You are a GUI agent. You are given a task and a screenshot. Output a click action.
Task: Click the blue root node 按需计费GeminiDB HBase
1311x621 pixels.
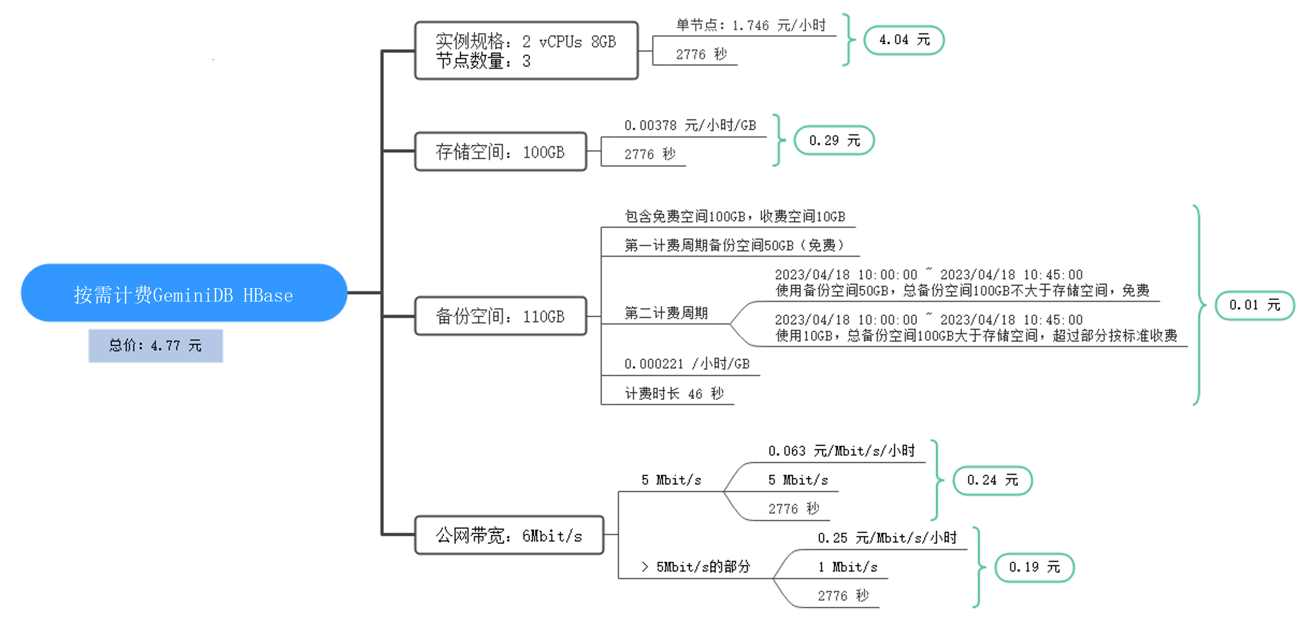pyautogui.click(x=184, y=293)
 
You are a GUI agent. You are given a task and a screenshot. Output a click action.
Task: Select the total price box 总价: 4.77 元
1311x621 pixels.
pyautogui.click(x=156, y=346)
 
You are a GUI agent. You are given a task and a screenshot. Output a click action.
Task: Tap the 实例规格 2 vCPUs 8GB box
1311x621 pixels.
pyautogui.click(x=526, y=50)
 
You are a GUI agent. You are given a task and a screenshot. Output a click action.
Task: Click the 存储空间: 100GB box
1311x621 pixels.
pyautogui.click(x=501, y=152)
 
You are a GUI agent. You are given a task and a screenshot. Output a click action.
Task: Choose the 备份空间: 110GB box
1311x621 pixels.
pyautogui.click(x=501, y=316)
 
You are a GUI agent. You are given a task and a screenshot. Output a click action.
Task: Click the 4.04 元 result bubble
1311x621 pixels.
pyautogui.click(x=904, y=40)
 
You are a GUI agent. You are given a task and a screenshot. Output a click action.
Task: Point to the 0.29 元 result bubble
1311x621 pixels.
pyautogui.click(x=835, y=140)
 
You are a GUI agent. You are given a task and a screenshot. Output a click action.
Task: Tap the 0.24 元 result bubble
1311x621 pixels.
pyautogui.click(x=992, y=480)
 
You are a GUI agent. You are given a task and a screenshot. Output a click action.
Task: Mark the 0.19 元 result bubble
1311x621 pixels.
pyautogui.click(x=1035, y=567)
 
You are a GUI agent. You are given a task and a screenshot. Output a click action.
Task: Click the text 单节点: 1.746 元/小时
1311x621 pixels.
pyautogui.click(x=751, y=25)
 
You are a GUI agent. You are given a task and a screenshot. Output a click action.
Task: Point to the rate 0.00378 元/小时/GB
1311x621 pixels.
pyautogui.click(x=690, y=125)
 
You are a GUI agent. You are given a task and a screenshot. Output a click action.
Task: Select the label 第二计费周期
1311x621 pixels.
pyautogui.click(x=666, y=313)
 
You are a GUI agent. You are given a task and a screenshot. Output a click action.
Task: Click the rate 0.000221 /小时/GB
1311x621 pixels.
pyautogui.click(x=687, y=363)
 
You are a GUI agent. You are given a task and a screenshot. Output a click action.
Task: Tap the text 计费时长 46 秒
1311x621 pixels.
pyautogui.click(x=674, y=393)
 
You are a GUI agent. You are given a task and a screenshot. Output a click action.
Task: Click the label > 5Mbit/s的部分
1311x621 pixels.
pyautogui.click(x=696, y=567)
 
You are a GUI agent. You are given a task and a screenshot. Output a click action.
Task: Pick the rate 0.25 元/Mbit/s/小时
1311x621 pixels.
pyautogui.click(x=887, y=538)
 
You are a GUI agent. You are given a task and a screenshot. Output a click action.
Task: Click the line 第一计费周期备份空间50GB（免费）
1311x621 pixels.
pyautogui.click(x=734, y=245)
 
